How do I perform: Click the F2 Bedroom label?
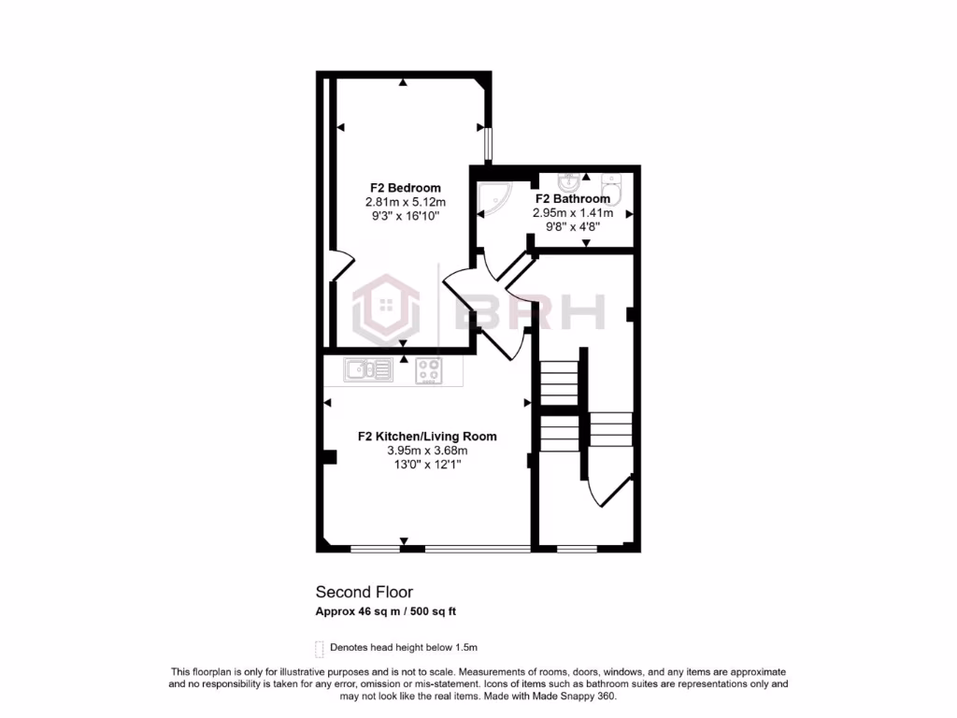click(x=404, y=188)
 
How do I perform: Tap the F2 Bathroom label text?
click(x=572, y=198)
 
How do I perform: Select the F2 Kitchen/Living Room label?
click(x=427, y=436)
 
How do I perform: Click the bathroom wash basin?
click(x=568, y=181)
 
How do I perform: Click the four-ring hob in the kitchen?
click(x=430, y=371)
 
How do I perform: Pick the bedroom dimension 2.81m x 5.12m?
click(x=405, y=202)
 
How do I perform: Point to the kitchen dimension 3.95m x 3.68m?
click(x=427, y=451)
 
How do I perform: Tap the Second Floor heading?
click(x=364, y=592)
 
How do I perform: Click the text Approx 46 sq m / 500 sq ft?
click(x=385, y=612)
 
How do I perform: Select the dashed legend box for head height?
click(x=320, y=648)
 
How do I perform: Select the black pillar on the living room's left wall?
click(x=329, y=456)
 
